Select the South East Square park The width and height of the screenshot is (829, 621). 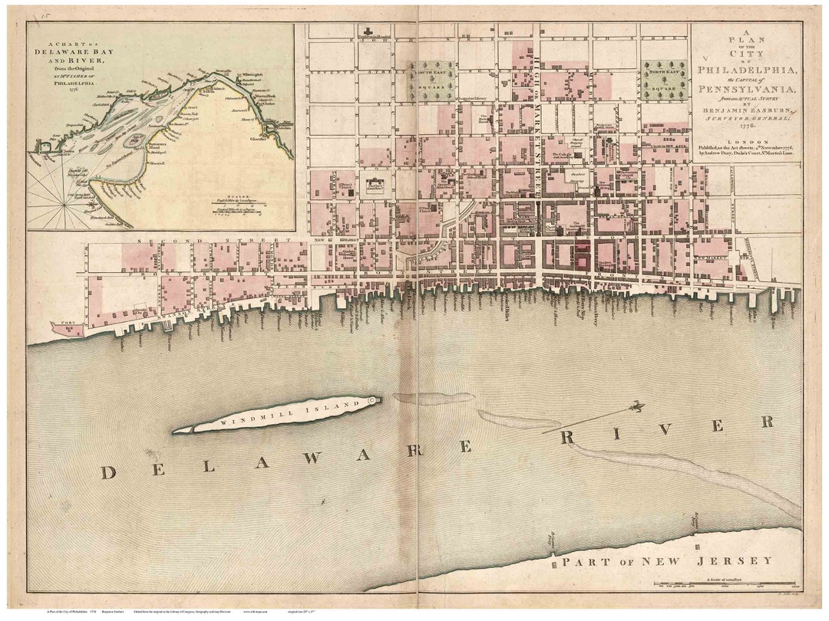(x=431, y=81)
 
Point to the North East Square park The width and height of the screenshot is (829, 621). (x=665, y=80)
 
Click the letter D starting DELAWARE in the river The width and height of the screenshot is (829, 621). (x=107, y=472)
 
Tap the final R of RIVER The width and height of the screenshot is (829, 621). (x=765, y=422)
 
